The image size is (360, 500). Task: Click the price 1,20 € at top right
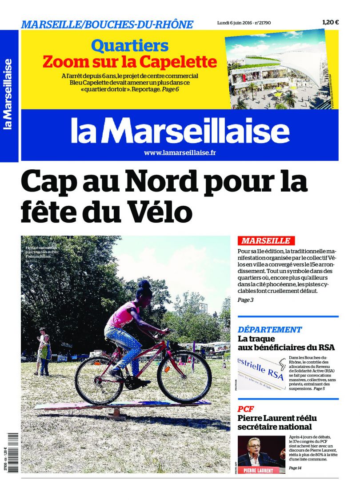point(330,23)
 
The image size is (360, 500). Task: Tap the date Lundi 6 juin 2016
point(233,23)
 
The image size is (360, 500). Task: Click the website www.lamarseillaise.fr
point(180,153)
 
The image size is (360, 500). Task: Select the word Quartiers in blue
point(130,46)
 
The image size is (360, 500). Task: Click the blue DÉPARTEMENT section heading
point(270,330)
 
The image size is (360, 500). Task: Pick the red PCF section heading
point(246,409)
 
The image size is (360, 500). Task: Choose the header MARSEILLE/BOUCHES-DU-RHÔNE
point(107,24)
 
